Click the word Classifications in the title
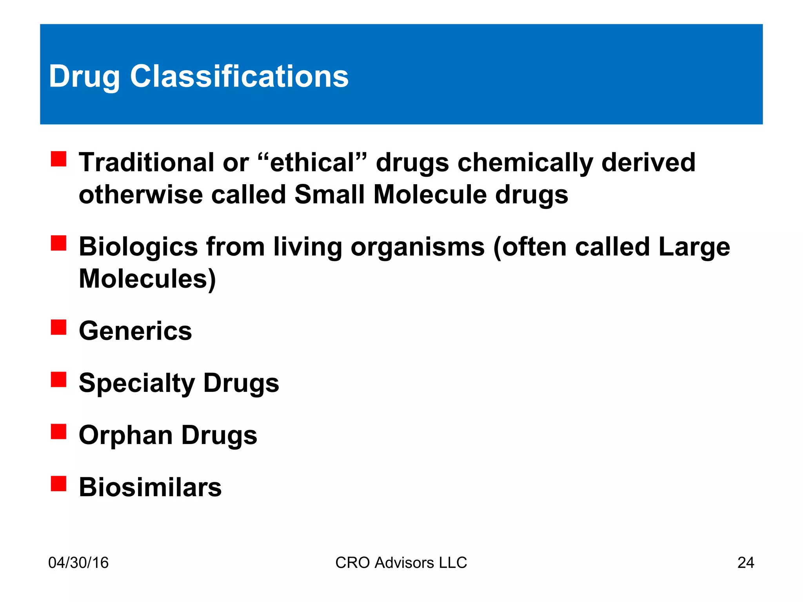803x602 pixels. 239,76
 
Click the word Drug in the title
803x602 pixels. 84,77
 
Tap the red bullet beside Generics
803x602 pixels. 58,327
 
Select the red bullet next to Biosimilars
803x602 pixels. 58,483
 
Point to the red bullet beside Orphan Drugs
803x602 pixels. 58,432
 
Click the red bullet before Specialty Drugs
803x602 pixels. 58,379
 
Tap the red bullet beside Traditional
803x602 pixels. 58,159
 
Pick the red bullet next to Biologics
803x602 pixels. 58,243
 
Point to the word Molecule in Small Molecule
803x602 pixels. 430,194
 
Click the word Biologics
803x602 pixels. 138,247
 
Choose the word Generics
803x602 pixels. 135,331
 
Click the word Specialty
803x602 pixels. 137,383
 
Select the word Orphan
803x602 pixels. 125,435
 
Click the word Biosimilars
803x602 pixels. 150,487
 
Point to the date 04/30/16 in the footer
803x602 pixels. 78,562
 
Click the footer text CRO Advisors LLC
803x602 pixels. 401,562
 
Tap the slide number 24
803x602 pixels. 745,562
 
